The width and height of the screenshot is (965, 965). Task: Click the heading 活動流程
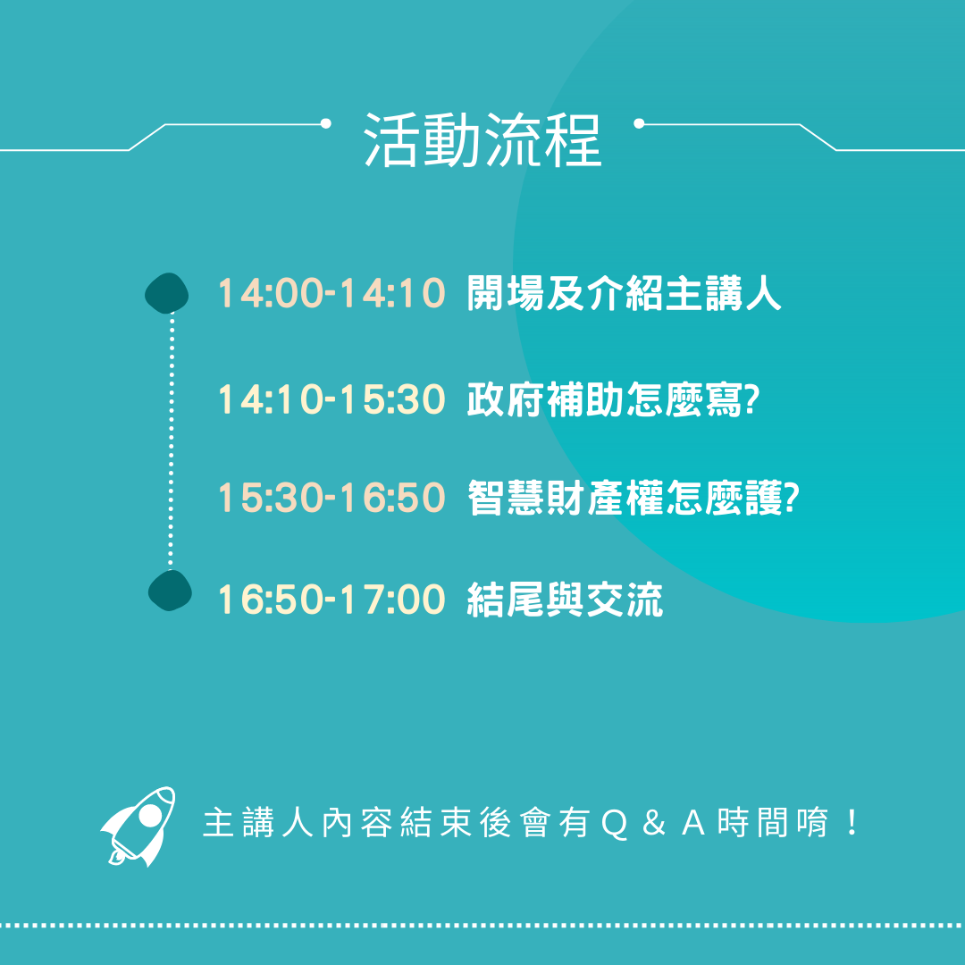[x=482, y=139]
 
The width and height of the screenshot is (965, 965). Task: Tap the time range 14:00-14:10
[x=331, y=293]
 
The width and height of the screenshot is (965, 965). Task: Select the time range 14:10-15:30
[x=331, y=399]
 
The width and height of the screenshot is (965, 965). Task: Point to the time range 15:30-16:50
[x=331, y=498]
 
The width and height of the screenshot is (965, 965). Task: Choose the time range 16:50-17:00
[x=331, y=600]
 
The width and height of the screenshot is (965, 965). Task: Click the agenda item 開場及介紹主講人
[x=624, y=293]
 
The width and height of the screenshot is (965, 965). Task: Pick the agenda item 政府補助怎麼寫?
[x=613, y=399]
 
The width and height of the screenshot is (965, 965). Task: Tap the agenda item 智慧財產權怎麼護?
[x=633, y=498]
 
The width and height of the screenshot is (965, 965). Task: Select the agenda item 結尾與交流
[x=565, y=600]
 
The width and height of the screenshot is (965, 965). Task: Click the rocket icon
[x=138, y=826]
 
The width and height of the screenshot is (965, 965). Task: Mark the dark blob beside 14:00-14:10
[x=167, y=293]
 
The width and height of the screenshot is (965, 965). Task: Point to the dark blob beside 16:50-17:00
[x=170, y=591]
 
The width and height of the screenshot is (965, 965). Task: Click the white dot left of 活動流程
[x=326, y=123]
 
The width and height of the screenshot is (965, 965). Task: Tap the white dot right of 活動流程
[x=639, y=123]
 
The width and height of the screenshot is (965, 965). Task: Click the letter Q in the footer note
[x=614, y=824]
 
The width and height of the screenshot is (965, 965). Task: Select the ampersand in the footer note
[x=653, y=824]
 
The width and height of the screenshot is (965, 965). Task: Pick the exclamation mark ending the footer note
[x=852, y=823]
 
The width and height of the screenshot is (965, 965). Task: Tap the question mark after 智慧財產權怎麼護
[x=792, y=498]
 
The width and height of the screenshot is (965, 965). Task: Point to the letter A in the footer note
[x=693, y=824]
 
